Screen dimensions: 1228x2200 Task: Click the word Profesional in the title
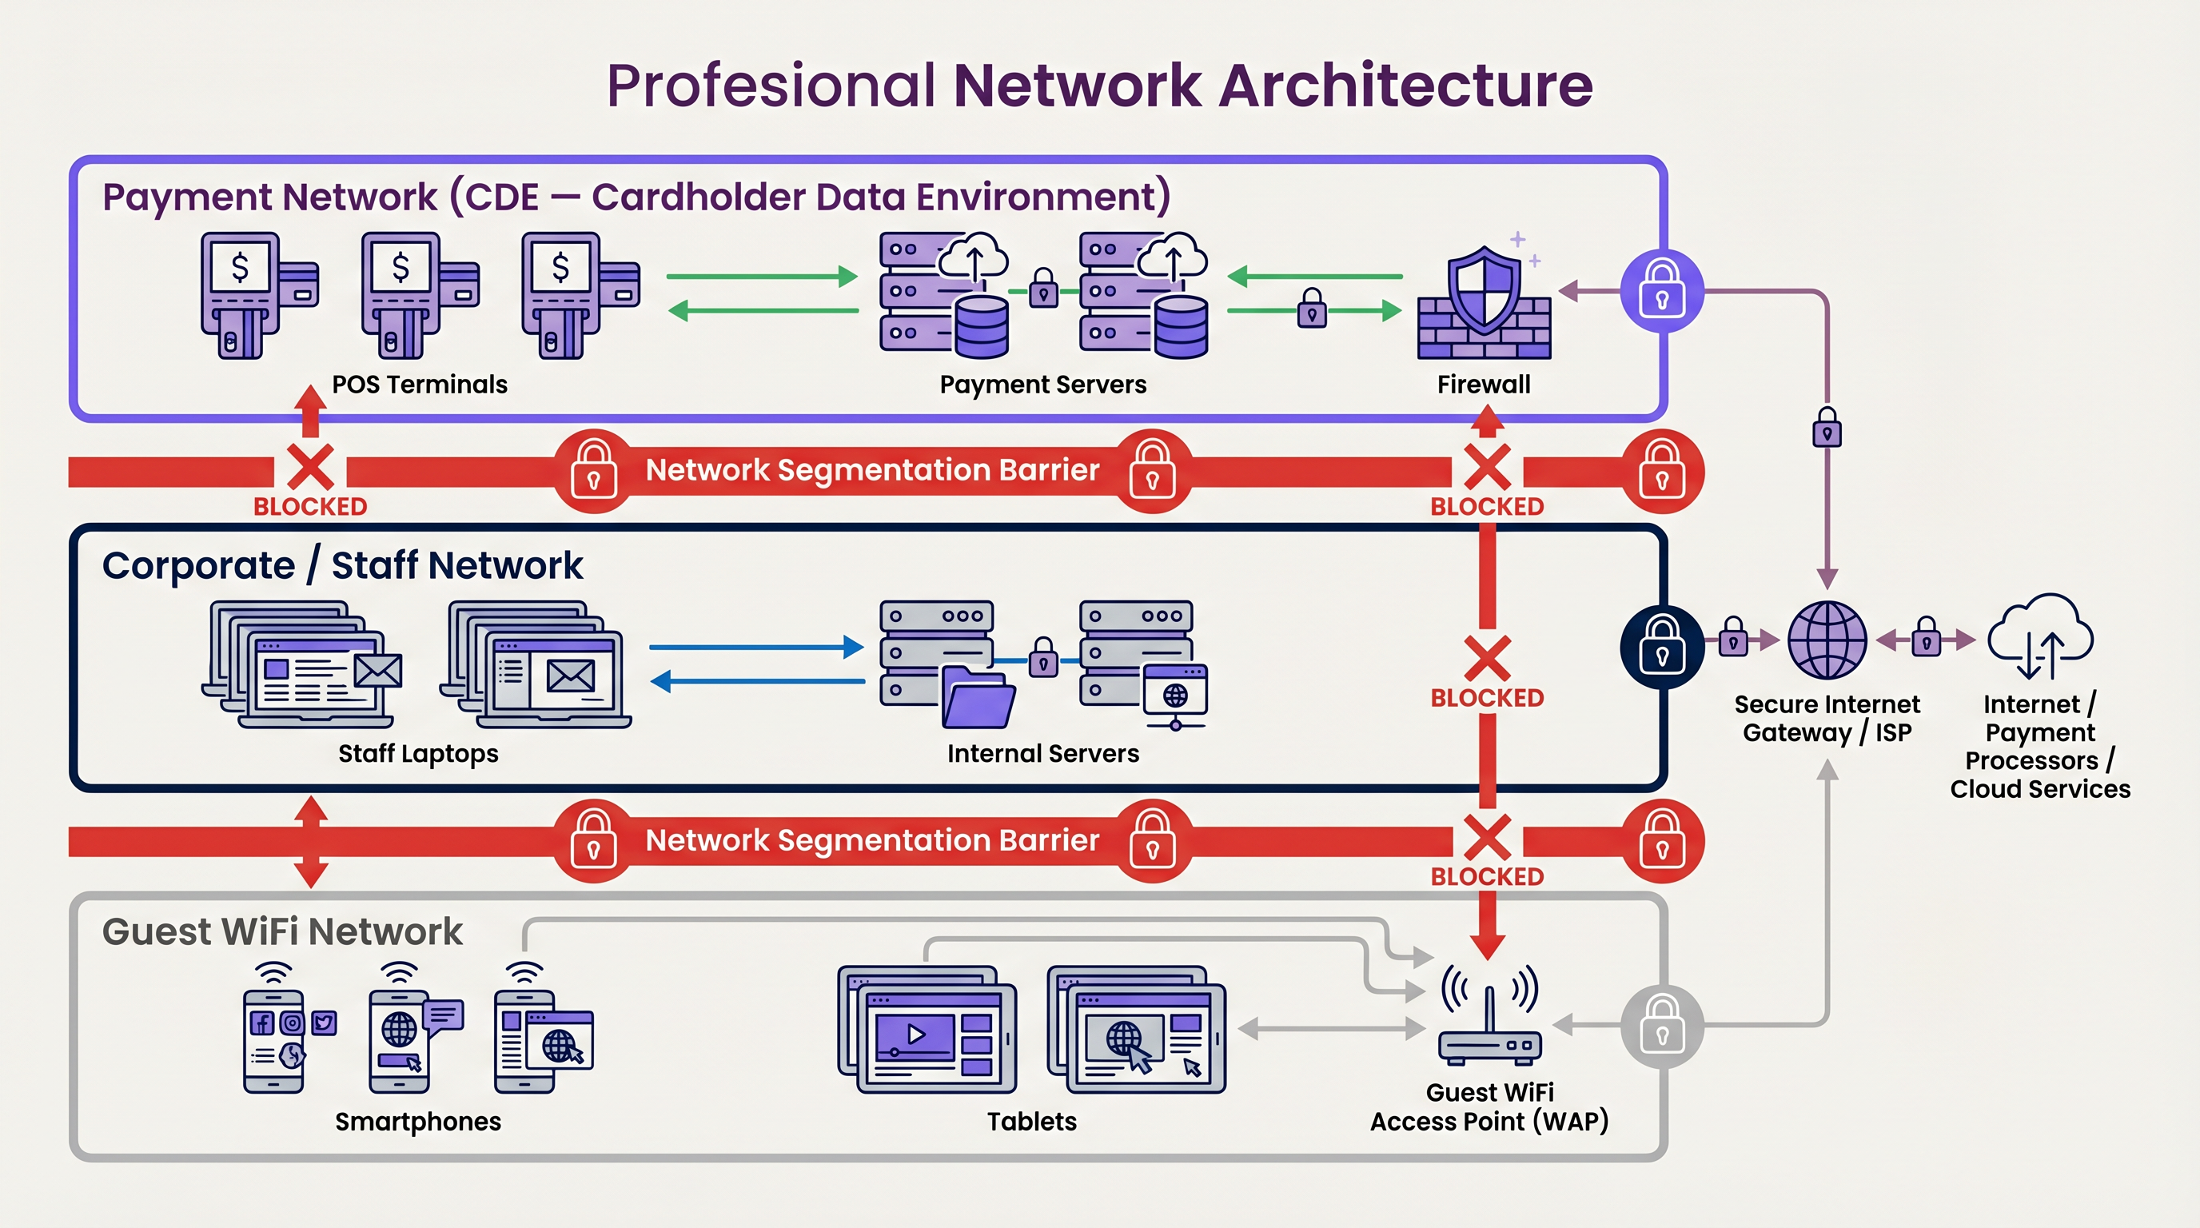tap(771, 86)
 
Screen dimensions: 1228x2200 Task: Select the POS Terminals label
tap(420, 385)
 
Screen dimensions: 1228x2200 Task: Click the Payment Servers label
tap(1042, 385)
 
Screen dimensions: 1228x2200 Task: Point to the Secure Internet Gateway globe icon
tap(1827, 640)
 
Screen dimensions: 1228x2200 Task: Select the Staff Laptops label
tap(417, 753)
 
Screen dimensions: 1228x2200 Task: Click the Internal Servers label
tap(1042, 753)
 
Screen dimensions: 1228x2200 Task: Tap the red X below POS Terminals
tap(310, 467)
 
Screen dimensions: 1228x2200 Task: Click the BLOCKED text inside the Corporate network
tap(1487, 698)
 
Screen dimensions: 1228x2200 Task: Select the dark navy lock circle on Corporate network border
tap(1661, 647)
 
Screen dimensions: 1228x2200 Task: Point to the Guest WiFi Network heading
tap(282, 931)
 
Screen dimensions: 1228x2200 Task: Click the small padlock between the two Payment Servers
tap(1042, 289)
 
